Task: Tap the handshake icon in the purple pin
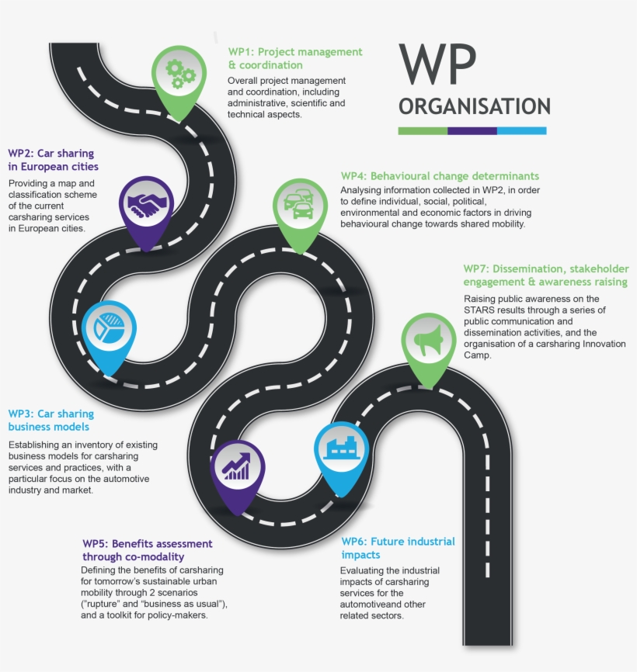[x=146, y=205]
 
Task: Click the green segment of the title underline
[x=423, y=131]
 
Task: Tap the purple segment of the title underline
[x=472, y=131]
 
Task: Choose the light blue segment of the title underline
[x=521, y=131]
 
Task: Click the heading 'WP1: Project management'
[x=295, y=52]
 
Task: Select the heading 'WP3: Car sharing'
[x=50, y=414]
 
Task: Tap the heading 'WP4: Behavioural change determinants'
[x=440, y=176]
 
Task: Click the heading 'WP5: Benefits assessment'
[x=147, y=543]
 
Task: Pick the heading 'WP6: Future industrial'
[x=398, y=542]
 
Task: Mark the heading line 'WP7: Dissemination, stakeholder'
[x=546, y=268]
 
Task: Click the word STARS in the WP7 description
[x=480, y=310]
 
